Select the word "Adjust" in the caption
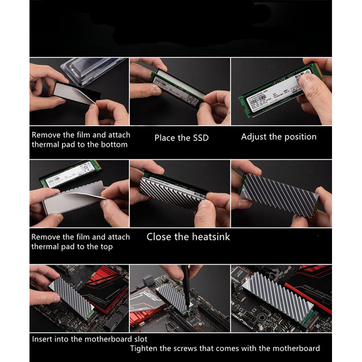[x=254, y=137]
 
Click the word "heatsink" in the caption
[x=209, y=237]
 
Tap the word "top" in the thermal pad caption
[x=104, y=247]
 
